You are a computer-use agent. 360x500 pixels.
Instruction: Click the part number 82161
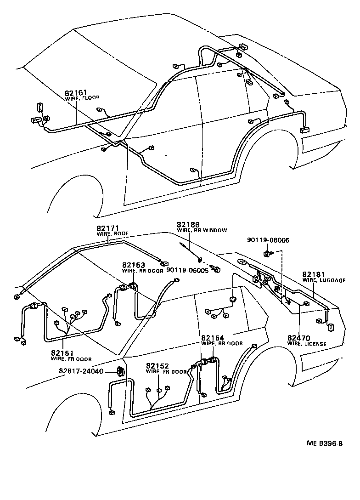coord(76,92)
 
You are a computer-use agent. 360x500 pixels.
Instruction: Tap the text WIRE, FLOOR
coord(82,98)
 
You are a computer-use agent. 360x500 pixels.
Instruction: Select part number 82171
coord(107,228)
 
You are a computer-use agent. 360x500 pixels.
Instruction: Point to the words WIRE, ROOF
coord(112,233)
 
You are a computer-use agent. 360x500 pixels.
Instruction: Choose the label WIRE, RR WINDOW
coord(202,230)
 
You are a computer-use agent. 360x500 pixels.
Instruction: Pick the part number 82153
coord(133,265)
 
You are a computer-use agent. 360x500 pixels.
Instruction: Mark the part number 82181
coord(314,274)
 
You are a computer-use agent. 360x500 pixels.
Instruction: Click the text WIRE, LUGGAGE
coord(324,280)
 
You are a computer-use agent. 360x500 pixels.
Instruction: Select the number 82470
coord(299,338)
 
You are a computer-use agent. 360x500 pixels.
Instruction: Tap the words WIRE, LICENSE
coord(307,344)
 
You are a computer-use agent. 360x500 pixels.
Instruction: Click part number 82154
coord(213,337)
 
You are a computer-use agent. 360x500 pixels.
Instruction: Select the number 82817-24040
coord(82,371)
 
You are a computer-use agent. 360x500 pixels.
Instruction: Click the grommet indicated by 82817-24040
coord(121,371)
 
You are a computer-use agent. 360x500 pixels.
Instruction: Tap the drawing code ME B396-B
coord(325,443)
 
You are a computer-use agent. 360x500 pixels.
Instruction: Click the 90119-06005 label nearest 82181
coord(268,240)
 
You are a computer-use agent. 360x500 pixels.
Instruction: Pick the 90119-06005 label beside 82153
coord(187,271)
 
